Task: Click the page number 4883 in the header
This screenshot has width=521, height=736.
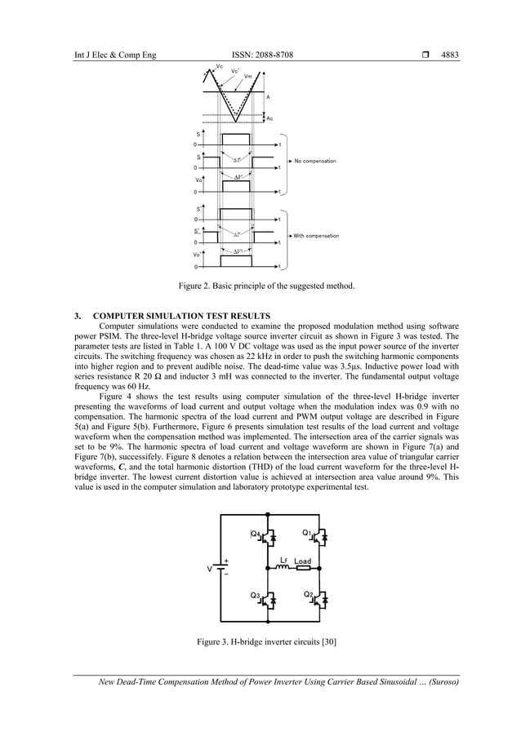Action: tap(450, 55)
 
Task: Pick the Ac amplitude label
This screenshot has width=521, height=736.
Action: tap(270, 117)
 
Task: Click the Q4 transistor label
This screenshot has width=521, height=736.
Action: tap(256, 534)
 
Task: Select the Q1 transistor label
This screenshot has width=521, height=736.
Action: tap(307, 534)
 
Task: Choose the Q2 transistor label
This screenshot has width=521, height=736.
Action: tap(308, 594)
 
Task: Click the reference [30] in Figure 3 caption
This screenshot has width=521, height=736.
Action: tap(328, 642)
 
